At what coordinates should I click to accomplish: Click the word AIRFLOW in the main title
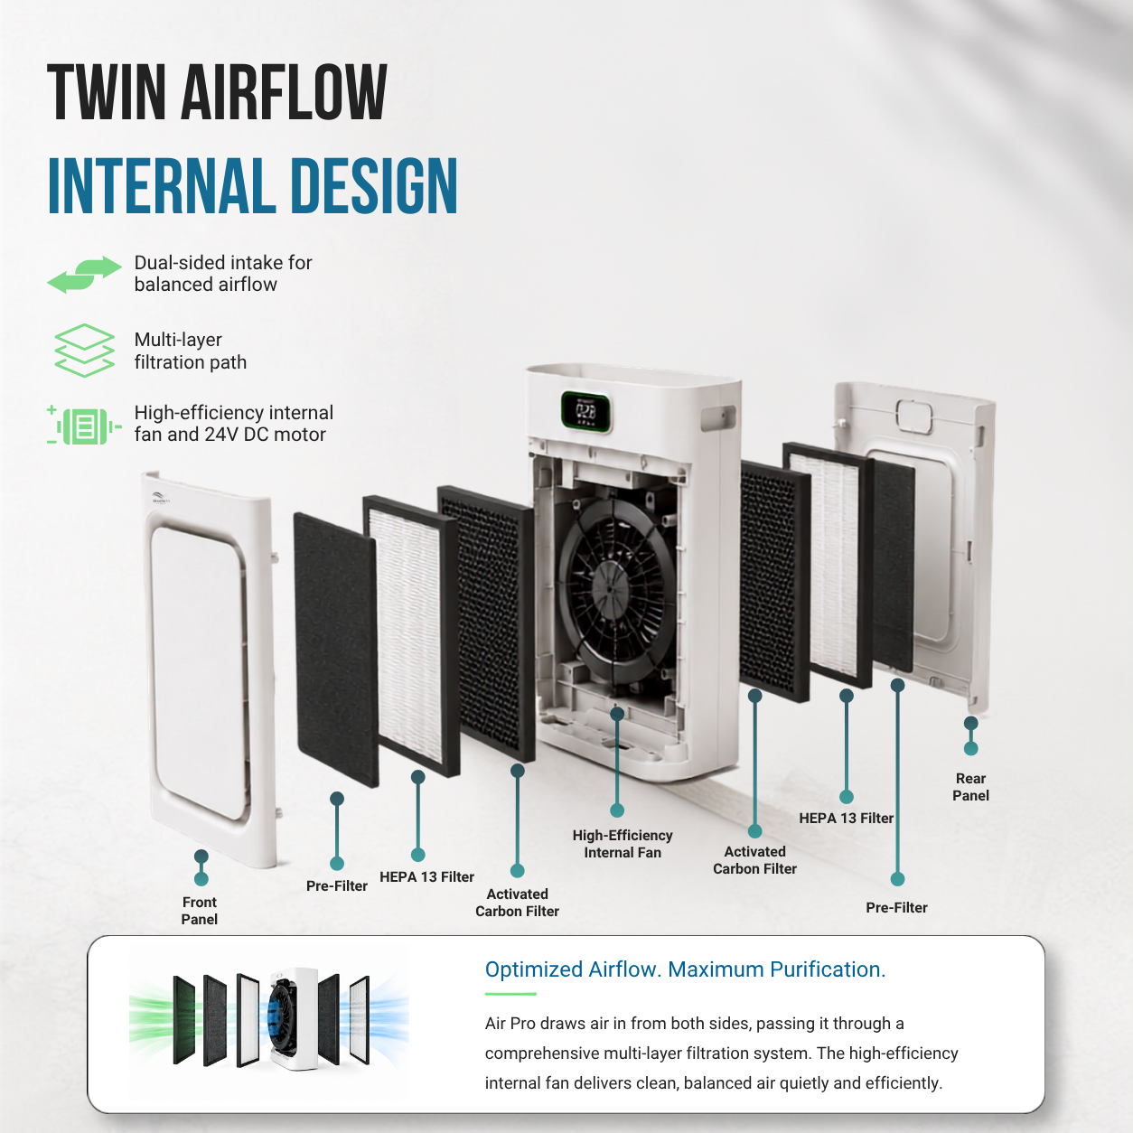tap(284, 92)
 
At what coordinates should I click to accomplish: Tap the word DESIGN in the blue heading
tap(374, 186)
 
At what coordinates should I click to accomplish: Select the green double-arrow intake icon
tap(84, 274)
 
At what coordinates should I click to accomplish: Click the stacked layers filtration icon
tap(84, 350)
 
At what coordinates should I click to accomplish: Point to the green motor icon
tap(84, 425)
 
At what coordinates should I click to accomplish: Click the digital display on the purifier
tap(585, 411)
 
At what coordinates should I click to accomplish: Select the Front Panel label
tap(200, 911)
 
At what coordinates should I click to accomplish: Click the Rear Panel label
tap(970, 787)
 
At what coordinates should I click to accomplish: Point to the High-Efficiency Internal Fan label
tap(623, 844)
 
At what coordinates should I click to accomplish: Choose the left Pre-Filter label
tap(337, 886)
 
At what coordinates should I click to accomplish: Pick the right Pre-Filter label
tap(896, 907)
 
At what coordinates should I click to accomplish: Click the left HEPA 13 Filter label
tap(426, 876)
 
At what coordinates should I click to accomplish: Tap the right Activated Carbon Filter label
tap(755, 860)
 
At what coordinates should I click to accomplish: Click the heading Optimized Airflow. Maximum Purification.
tap(685, 969)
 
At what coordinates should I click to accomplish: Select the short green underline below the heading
tap(510, 994)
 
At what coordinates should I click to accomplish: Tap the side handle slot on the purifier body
tap(718, 418)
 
